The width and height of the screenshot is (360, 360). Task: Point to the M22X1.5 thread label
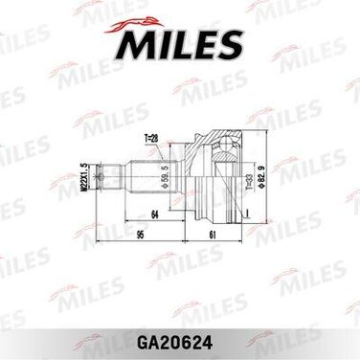pos(84,177)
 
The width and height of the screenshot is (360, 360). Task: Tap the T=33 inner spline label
pos(249,182)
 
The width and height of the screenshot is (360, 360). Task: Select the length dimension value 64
pos(154,214)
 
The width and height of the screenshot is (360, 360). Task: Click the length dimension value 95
pos(140,236)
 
